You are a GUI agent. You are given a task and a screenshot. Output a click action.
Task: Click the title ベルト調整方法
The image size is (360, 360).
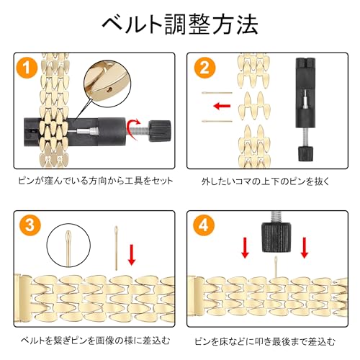(x=180, y=24)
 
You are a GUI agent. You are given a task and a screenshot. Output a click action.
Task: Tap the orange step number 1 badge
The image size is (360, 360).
(x=27, y=68)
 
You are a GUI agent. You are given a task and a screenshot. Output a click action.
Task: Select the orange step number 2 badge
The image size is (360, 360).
(x=204, y=68)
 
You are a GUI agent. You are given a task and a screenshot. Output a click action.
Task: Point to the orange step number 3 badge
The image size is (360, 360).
(x=30, y=225)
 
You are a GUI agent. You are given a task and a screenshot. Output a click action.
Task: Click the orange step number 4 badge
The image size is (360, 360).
(x=204, y=225)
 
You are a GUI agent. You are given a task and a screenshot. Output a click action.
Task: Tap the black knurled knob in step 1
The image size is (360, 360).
(x=160, y=131)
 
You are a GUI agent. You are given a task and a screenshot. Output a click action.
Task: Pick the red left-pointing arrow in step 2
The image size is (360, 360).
(x=222, y=106)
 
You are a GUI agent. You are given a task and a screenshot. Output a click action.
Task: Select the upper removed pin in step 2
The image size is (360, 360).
(x=217, y=93)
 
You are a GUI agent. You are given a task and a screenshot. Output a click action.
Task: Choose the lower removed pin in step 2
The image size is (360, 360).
(x=217, y=121)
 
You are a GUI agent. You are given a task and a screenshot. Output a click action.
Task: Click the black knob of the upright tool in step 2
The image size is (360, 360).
(x=305, y=153)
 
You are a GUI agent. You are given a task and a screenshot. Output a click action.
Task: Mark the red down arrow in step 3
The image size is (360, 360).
(x=132, y=255)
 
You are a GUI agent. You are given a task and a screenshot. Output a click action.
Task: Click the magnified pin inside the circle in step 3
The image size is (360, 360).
(x=68, y=248)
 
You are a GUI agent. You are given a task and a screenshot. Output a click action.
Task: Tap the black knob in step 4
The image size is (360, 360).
(x=276, y=237)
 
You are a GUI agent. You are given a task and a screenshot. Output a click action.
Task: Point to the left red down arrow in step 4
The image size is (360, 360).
(x=245, y=248)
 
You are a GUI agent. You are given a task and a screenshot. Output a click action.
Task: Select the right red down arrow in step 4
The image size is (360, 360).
(x=305, y=248)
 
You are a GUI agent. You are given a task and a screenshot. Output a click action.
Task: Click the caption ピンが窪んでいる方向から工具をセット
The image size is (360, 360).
(x=96, y=181)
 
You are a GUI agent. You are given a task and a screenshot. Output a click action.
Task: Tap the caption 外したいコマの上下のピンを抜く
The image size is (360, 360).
(x=266, y=181)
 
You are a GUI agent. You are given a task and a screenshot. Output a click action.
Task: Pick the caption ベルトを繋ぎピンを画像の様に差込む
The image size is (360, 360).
(x=95, y=340)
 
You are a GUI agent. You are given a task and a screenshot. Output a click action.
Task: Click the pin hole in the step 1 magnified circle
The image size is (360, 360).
(x=109, y=90)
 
